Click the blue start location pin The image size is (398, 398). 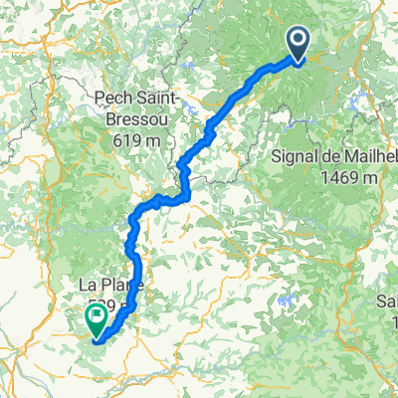click(298, 42)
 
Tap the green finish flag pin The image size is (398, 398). click(98, 319)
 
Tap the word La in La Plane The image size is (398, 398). click(88, 287)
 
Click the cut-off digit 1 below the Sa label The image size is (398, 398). click(394, 321)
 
